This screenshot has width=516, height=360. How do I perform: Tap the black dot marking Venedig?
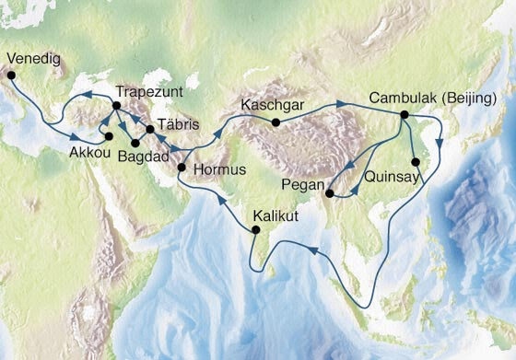click(12, 76)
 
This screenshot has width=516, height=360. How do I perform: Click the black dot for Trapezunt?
click(116, 107)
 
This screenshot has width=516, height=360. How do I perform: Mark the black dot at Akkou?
click(109, 137)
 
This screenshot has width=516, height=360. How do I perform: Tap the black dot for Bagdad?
click(135, 143)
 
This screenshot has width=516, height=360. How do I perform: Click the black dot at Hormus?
click(182, 168)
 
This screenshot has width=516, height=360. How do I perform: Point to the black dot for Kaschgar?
click(276, 122)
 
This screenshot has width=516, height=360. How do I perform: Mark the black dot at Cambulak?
click(404, 114)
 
